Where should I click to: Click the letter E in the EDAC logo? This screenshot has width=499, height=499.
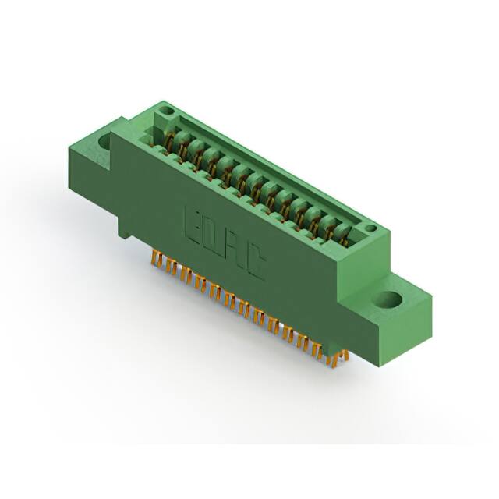(x=193, y=224)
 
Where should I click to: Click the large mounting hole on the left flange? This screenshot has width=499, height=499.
(x=104, y=143)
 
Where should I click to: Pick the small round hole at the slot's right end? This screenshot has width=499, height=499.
(x=371, y=228)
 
